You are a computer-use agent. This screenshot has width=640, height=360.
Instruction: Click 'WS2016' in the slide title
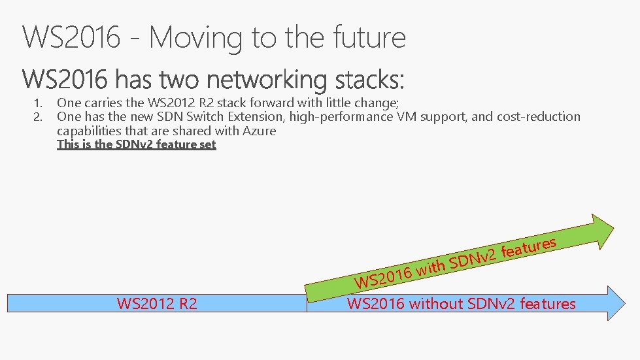71,37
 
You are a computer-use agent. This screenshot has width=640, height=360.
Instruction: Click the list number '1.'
39,103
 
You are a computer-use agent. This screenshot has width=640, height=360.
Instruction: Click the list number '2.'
39,117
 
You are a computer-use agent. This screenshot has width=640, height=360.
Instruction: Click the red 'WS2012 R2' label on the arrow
157,304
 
